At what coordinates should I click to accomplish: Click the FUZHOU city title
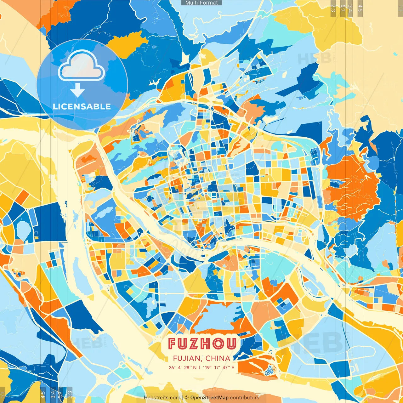point(202,343)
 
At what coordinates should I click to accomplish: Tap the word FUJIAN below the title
point(187,358)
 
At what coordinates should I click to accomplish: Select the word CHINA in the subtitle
point(218,358)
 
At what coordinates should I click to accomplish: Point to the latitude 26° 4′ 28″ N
point(182,367)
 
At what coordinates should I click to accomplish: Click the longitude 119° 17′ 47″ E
point(218,367)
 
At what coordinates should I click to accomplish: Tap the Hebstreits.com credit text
point(162,398)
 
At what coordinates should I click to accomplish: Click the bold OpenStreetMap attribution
point(209,398)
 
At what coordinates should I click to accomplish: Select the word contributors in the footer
point(245,398)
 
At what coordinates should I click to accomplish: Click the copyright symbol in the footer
point(186,398)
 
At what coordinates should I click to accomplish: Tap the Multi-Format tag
point(201,3)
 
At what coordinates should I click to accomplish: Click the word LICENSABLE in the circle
point(82,106)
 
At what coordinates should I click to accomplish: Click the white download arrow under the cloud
point(77,90)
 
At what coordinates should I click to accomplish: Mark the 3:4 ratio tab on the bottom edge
point(53,394)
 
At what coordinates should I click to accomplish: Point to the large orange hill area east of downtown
point(353,186)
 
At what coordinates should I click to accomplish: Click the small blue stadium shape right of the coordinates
point(270,372)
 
